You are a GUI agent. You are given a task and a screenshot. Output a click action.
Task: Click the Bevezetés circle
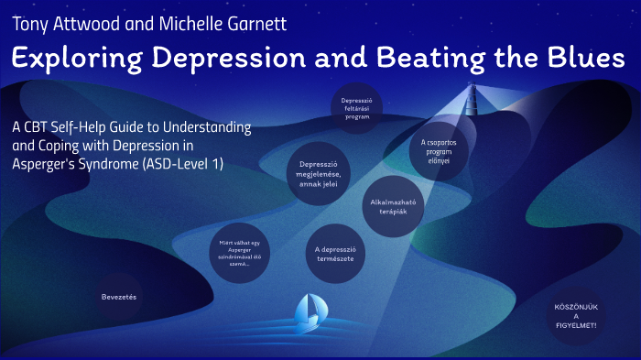[121, 297]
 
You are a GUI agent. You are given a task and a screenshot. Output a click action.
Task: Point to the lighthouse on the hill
[474, 99]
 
